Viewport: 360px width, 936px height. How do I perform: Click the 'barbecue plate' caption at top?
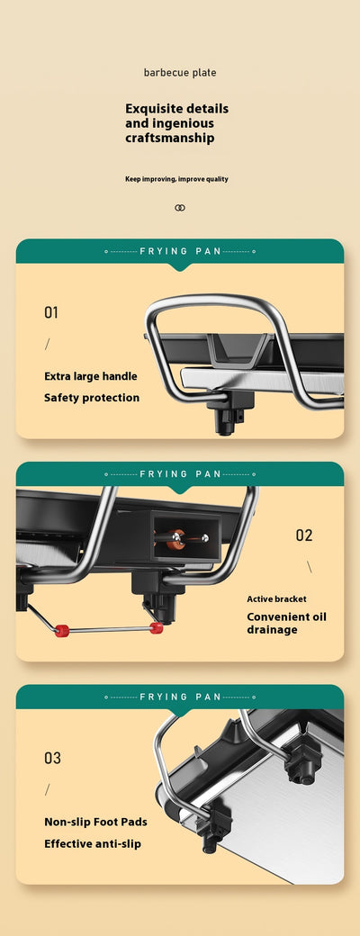pyautogui.click(x=180, y=73)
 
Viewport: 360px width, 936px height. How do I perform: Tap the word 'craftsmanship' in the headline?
pyautogui.click(x=169, y=138)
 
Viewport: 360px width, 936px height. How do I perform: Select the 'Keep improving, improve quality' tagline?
pyautogui.click(x=176, y=179)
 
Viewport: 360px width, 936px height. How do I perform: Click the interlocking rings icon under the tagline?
pyautogui.click(x=180, y=208)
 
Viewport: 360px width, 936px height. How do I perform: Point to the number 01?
pyautogui.click(x=51, y=312)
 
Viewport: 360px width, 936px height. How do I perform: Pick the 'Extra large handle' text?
pyautogui.click(x=91, y=376)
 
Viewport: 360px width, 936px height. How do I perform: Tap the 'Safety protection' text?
pyautogui.click(x=92, y=398)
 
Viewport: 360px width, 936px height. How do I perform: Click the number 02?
pyautogui.click(x=304, y=535)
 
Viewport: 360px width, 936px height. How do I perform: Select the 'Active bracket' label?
pyautogui.click(x=276, y=598)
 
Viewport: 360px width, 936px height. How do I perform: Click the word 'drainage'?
pyautogui.click(x=272, y=630)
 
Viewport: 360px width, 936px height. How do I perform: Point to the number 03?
pyautogui.click(x=52, y=758)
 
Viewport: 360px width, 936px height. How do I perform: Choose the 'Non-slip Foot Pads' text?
pyautogui.click(x=95, y=822)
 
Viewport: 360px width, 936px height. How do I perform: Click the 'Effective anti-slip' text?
pyautogui.click(x=93, y=844)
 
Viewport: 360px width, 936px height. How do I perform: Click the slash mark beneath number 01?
pyautogui.click(x=47, y=344)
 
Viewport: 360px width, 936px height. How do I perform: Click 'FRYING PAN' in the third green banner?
pyautogui.click(x=180, y=697)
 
